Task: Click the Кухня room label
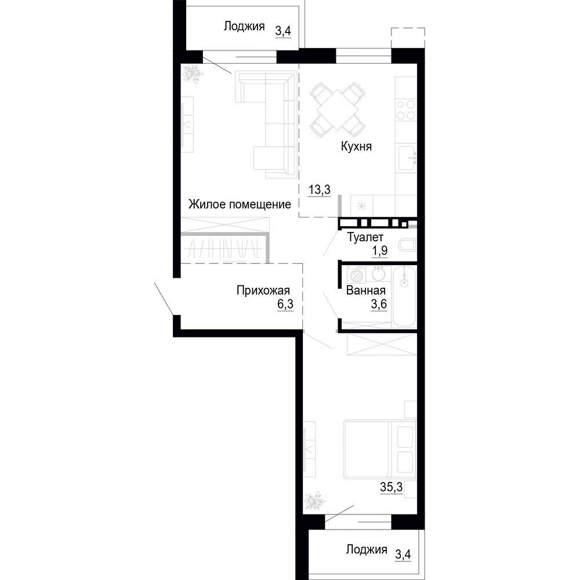(356, 147)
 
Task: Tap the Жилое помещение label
(240, 204)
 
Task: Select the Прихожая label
(263, 291)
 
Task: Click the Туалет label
(365, 237)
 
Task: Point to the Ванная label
(366, 291)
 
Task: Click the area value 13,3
(320, 190)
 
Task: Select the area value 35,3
(391, 487)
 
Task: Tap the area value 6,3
(285, 304)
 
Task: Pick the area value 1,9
(379, 251)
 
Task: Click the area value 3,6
(379, 304)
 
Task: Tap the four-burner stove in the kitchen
(406, 110)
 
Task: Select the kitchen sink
(407, 158)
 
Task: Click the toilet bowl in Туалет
(408, 245)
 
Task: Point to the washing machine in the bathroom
(357, 275)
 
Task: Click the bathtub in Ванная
(404, 296)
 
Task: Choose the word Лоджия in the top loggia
(244, 27)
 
